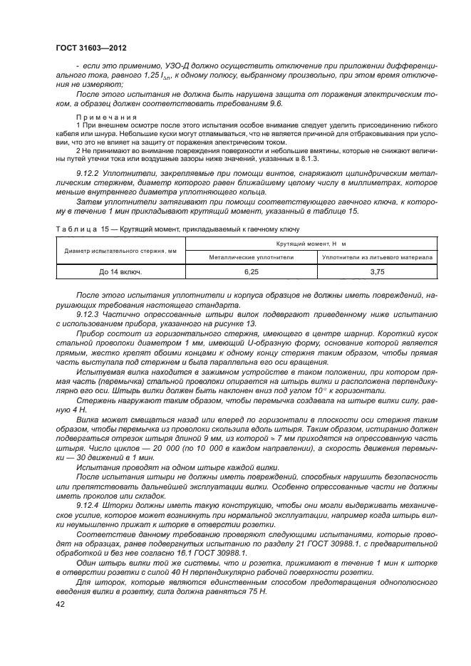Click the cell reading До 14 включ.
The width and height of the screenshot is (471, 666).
point(120,271)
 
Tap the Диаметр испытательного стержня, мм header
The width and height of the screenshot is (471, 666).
point(120,250)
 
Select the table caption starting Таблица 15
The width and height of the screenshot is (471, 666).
point(172,229)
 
